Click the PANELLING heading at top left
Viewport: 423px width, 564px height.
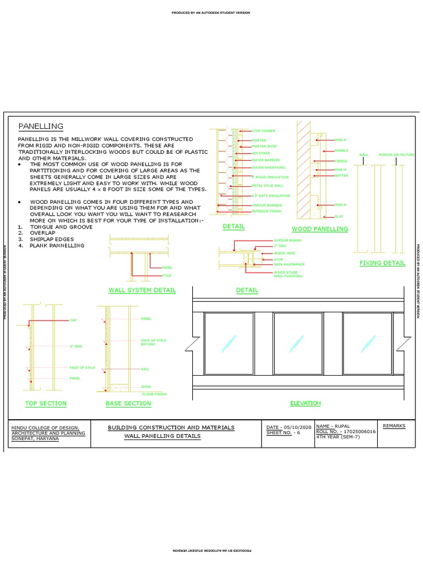(41, 127)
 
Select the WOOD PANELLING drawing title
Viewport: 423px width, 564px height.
(320, 229)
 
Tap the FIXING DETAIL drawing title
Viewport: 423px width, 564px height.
(382, 263)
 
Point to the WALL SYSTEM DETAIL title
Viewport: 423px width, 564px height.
(142, 290)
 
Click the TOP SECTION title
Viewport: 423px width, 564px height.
(46, 404)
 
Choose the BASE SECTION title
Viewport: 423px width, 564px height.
(128, 404)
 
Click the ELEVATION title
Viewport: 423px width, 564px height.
(305, 403)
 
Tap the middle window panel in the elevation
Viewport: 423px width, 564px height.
(298, 344)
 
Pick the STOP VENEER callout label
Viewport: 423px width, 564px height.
(263, 131)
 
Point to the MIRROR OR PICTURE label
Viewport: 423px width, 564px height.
(396, 155)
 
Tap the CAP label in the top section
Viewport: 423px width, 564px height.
(73, 320)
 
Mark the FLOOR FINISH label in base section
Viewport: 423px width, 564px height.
(154, 394)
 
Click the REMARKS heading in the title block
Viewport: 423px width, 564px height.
(394, 426)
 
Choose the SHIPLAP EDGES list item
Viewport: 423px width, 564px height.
(52, 240)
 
